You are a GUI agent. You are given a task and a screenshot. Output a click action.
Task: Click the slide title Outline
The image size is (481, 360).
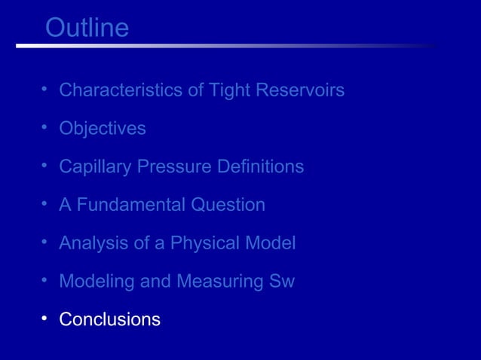pyautogui.click(x=87, y=28)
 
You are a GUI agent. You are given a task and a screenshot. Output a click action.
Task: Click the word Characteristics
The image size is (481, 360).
pyautogui.click(x=121, y=90)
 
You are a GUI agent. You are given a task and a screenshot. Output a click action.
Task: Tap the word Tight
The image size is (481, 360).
pyautogui.click(x=230, y=90)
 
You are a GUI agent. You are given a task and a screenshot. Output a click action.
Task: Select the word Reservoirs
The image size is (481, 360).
pyautogui.click(x=300, y=90)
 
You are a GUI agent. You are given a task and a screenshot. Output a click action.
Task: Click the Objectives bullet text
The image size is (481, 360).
pyautogui.click(x=103, y=129)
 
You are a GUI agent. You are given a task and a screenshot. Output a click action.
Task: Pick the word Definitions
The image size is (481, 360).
pyautogui.click(x=260, y=166)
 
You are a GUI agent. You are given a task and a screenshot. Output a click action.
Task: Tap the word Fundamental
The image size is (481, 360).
pyautogui.click(x=130, y=205)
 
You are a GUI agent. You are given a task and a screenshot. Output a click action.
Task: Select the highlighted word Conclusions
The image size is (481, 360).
pyautogui.click(x=110, y=319)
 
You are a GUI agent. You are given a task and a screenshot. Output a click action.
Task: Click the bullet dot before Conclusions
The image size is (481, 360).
pyautogui.click(x=45, y=319)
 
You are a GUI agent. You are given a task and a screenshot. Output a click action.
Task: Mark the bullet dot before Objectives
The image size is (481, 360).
pyautogui.click(x=45, y=127)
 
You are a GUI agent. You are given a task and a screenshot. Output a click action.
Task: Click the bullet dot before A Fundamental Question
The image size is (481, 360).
pyautogui.click(x=45, y=204)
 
